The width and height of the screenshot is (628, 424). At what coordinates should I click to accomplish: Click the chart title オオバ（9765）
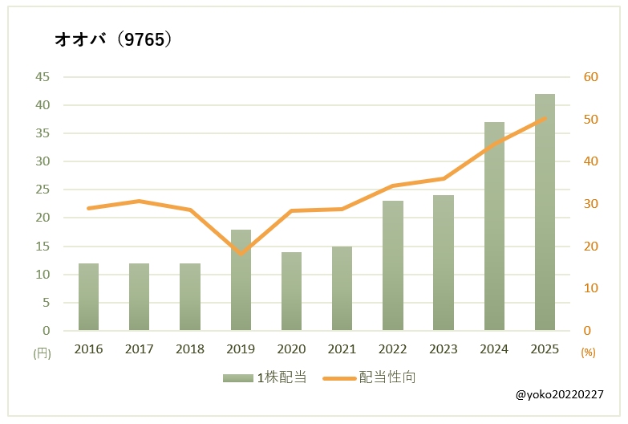(x=113, y=39)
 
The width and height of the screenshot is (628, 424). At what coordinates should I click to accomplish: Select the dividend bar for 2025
(x=545, y=212)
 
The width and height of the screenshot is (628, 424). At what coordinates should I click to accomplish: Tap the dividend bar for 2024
(x=494, y=226)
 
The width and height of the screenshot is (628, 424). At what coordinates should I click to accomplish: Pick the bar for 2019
(x=241, y=280)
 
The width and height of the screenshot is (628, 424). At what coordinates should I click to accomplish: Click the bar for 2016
(x=88, y=297)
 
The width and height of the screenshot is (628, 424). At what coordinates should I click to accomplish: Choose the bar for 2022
(x=393, y=266)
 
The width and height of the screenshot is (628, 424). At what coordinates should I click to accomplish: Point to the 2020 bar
(x=291, y=291)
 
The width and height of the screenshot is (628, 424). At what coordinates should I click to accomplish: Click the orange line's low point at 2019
(x=241, y=254)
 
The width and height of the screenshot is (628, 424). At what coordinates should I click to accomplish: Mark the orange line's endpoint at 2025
(x=545, y=119)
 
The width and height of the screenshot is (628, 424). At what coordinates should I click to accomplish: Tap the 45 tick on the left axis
(x=43, y=77)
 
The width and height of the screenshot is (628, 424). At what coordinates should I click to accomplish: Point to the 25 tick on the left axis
(x=43, y=190)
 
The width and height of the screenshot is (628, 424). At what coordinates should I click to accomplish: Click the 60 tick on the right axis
(x=591, y=77)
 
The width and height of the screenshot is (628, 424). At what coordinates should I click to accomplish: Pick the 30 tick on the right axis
(x=591, y=204)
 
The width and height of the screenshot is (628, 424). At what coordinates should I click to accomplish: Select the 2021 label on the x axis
(x=342, y=349)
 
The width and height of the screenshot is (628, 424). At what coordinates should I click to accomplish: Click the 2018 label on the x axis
(x=190, y=349)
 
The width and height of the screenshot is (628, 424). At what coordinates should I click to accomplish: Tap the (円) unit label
(x=42, y=353)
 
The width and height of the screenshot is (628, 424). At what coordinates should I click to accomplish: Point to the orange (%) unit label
(x=589, y=353)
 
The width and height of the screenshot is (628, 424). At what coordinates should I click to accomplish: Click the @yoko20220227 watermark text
(x=559, y=395)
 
